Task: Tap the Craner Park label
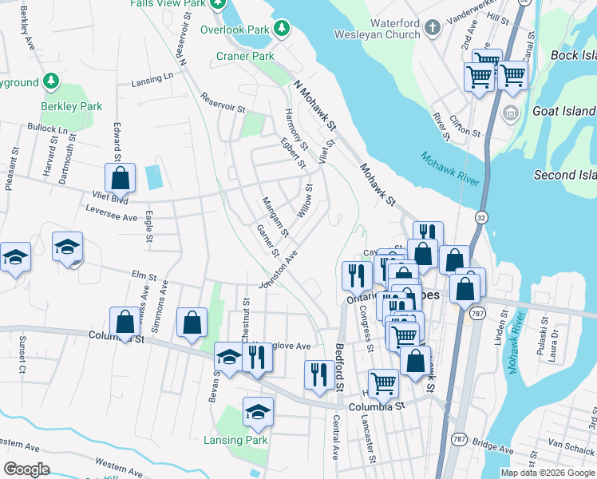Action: [245, 56]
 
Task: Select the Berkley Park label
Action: [72, 105]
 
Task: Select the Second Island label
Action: [565, 175]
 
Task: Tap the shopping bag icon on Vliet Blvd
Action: [120, 178]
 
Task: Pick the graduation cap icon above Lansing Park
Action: [258, 412]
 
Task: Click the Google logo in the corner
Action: [26, 469]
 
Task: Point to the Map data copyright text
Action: [548, 473]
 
